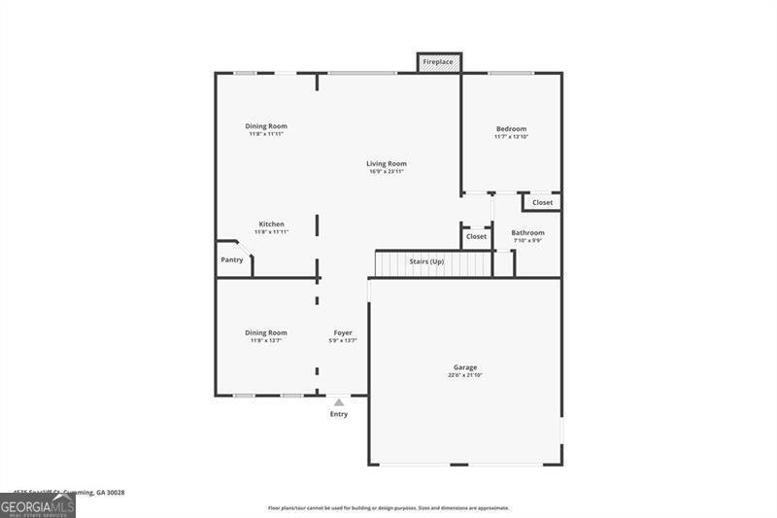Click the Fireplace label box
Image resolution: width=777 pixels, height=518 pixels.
point(439,62)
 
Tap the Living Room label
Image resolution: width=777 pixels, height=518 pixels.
point(387,163)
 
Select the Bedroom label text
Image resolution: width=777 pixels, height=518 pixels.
point(511,129)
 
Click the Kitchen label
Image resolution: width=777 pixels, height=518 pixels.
point(271,224)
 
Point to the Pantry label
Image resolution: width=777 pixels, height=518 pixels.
point(232,259)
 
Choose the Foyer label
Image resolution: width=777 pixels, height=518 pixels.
point(343,332)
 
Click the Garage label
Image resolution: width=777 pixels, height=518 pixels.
point(464,367)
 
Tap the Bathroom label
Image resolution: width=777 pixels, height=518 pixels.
point(527,232)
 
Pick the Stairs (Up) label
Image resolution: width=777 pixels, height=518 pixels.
point(426,261)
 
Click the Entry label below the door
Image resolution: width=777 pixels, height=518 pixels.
point(338,414)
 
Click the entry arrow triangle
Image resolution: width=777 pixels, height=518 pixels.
point(338,400)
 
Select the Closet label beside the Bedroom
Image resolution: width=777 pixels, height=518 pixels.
point(542,202)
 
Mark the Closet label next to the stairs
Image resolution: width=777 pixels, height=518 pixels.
point(476,236)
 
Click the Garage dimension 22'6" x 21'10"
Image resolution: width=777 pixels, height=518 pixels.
point(464,375)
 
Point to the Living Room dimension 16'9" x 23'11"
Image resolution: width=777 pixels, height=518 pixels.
point(387,172)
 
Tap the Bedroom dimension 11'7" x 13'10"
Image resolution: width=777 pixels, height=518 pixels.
point(511,137)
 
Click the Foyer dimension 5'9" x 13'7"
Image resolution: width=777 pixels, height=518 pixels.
point(343,340)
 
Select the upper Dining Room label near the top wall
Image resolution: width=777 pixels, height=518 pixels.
point(265,125)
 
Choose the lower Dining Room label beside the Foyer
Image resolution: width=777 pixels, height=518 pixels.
point(265,332)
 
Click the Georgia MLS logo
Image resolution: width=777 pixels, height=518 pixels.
point(38,505)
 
